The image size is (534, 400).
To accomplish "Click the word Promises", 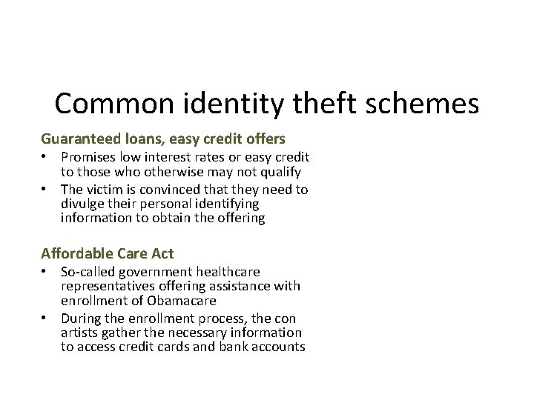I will tap(89, 157).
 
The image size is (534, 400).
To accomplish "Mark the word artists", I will tap(78, 333).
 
